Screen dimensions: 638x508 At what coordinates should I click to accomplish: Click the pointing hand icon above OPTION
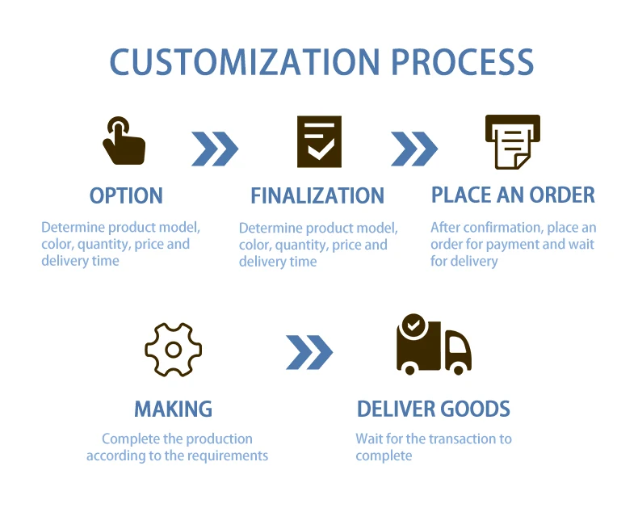[x=123, y=141]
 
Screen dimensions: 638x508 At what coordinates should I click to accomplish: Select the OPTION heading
[x=126, y=195]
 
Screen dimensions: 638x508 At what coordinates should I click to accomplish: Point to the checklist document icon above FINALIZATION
[x=319, y=141]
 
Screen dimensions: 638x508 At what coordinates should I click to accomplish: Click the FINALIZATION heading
[x=317, y=195]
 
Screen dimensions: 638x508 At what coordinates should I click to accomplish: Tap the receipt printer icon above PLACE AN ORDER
[x=512, y=141]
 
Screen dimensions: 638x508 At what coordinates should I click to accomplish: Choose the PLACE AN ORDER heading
[x=513, y=195]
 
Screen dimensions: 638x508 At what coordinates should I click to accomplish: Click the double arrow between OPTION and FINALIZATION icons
[x=215, y=149]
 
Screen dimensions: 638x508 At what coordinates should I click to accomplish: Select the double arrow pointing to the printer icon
[x=414, y=149]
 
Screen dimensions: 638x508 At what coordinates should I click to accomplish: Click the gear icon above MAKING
[x=173, y=349]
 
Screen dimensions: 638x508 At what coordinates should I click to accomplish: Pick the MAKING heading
[x=173, y=409]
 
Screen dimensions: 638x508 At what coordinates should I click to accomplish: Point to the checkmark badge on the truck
[x=413, y=326]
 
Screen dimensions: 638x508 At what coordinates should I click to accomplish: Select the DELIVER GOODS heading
[x=434, y=409]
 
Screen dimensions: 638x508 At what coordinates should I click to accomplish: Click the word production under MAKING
[x=220, y=439]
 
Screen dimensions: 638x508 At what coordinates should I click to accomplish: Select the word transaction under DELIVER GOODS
[x=460, y=439]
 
